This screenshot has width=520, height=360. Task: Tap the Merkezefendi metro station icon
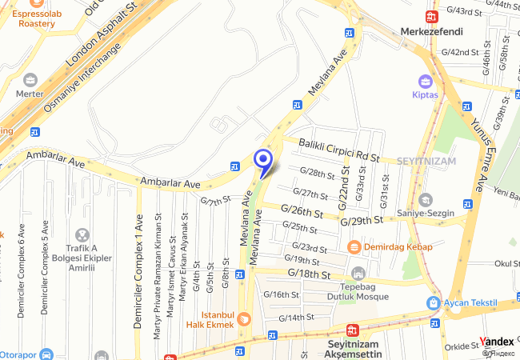click(431, 16)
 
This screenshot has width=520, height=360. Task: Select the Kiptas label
click(426, 94)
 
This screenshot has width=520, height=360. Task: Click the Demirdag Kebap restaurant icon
click(354, 246)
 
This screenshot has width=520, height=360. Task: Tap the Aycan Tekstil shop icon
click(433, 303)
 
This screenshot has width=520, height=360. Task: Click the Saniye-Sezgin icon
click(424, 199)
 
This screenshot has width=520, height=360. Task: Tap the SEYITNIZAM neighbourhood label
click(426, 161)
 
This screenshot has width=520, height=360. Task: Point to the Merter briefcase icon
click(30, 80)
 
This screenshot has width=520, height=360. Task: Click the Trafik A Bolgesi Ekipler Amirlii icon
click(82, 235)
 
